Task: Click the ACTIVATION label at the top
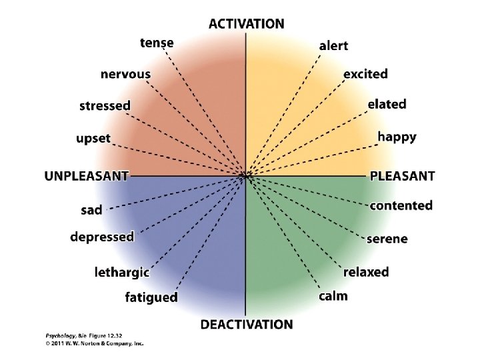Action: [246, 24]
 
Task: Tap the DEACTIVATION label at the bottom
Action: [247, 325]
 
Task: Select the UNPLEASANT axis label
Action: [86, 177]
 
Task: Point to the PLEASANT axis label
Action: [402, 177]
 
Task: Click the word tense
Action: [157, 43]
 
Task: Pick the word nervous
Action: [125, 74]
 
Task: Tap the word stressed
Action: [105, 106]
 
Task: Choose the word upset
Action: [93, 139]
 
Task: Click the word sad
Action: [92, 211]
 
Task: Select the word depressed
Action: [102, 237]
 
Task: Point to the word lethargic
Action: [121, 272]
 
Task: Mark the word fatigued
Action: [151, 297]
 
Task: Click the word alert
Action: [333, 46]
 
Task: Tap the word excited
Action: [365, 74]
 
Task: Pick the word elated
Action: [387, 105]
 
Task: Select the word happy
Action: [397, 137]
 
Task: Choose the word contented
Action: [401, 206]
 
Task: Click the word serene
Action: [387, 239]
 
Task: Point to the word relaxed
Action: [366, 272]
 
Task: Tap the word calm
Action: [333, 296]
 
